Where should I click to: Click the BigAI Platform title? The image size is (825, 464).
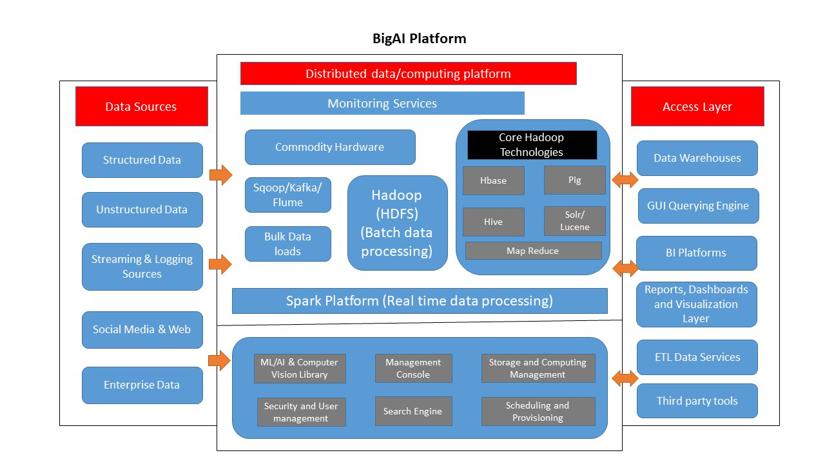tap(419, 39)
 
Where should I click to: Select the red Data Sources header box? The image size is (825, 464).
tap(141, 106)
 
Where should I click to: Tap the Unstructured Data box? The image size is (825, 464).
tap(142, 209)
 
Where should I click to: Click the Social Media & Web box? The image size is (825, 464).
tap(142, 329)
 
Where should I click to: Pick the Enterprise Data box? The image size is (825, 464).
tap(142, 385)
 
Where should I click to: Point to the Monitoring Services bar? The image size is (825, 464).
tap(382, 103)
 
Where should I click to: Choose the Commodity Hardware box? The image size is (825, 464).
tap(329, 147)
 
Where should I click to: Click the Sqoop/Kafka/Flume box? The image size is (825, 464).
tap(287, 195)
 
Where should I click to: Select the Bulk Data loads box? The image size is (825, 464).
tap(287, 244)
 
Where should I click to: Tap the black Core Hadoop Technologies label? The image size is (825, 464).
tap(532, 145)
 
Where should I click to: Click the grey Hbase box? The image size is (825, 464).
tap(493, 180)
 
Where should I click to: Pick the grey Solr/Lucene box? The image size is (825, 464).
tap(574, 221)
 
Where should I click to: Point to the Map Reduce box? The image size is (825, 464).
tap(533, 251)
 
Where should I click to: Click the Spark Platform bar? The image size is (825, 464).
tap(419, 301)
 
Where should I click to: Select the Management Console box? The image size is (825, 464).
tap(413, 369)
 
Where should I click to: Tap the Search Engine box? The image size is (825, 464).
tap(413, 411)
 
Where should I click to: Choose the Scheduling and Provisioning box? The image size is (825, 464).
tap(538, 411)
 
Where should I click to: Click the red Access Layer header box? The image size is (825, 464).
tap(697, 106)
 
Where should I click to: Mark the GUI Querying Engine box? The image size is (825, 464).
tap(698, 206)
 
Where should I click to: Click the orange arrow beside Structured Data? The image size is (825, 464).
tap(220, 175)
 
